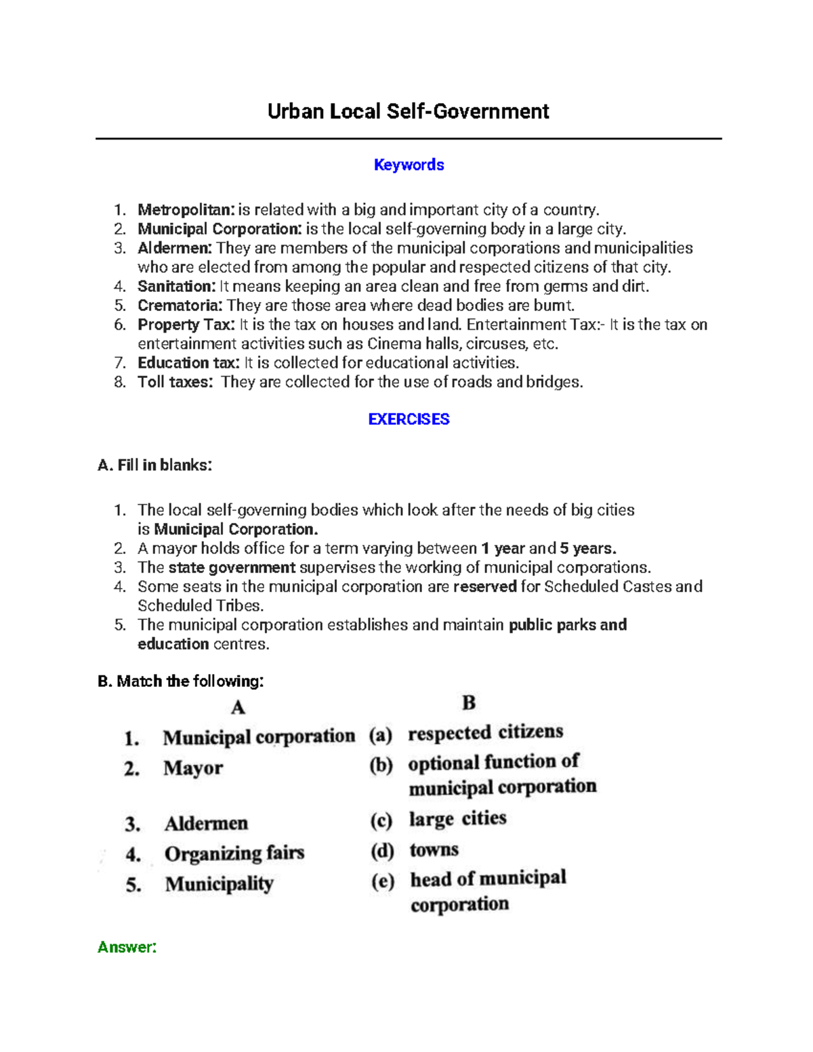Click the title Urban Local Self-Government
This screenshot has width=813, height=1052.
point(408,112)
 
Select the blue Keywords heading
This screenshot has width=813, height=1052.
point(409,165)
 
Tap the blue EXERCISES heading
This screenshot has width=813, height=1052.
point(409,419)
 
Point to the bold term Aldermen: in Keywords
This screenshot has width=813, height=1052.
point(175,248)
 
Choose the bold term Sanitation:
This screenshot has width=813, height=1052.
point(177,287)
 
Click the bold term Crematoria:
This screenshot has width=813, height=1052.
point(180,306)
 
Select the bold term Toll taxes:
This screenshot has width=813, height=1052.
point(175,382)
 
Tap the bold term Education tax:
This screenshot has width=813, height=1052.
point(188,363)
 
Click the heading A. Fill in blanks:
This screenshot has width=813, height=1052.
point(155,465)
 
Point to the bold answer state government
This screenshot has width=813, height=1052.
point(232,568)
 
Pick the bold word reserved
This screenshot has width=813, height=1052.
point(484,587)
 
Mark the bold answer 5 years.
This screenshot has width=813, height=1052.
point(587,549)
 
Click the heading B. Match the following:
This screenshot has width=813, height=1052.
point(180,681)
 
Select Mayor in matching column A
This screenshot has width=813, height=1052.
point(193,768)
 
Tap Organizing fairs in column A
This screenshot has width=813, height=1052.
point(234,854)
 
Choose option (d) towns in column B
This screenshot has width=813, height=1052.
point(434,849)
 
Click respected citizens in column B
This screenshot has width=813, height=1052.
point(485,732)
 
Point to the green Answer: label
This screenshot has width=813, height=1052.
point(127,947)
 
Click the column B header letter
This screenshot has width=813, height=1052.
point(469,702)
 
